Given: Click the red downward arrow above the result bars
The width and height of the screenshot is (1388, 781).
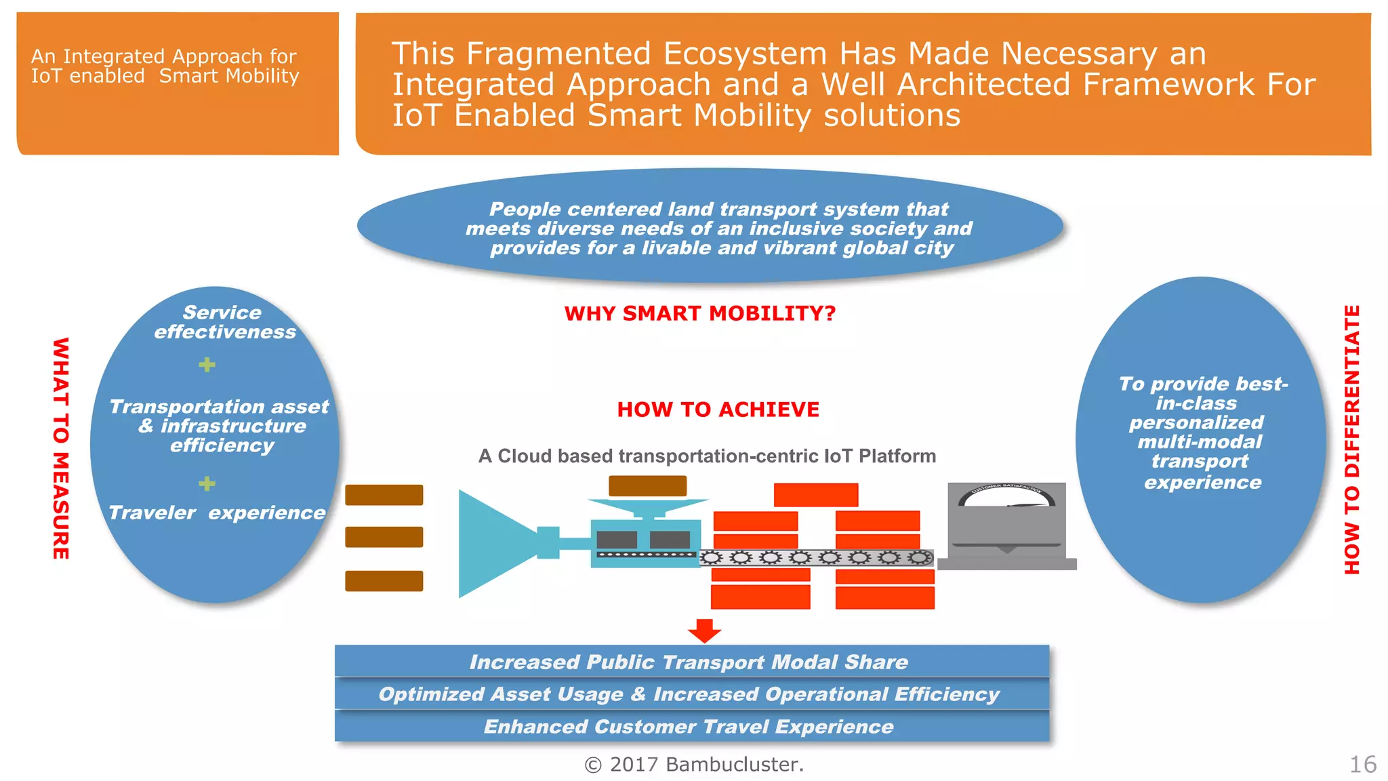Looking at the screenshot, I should [x=704, y=630].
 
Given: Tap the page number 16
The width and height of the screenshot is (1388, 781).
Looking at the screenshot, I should [x=1362, y=765].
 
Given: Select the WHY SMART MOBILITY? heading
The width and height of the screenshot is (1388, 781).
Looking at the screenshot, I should [x=699, y=313].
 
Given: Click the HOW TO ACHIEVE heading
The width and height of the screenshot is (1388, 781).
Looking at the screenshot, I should [x=718, y=409].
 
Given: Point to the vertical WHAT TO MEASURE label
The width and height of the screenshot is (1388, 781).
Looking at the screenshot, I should [x=61, y=448].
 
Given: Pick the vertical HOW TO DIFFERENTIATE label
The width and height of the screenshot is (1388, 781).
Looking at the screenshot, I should [x=1352, y=440].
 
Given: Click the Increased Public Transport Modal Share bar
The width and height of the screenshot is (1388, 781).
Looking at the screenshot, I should [x=691, y=662].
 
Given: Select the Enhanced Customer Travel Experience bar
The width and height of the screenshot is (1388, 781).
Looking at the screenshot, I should [x=691, y=726].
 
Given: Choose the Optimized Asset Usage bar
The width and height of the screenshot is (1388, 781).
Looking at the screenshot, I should [x=691, y=694].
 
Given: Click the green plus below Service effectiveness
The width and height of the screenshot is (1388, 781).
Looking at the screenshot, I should [x=207, y=365].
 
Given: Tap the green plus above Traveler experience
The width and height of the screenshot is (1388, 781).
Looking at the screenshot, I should [x=207, y=483].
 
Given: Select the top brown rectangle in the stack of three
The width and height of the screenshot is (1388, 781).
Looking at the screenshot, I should [x=384, y=495].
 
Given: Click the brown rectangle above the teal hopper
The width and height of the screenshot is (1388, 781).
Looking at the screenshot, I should [x=647, y=485].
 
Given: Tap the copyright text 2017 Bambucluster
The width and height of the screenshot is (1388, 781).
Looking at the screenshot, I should [x=694, y=765].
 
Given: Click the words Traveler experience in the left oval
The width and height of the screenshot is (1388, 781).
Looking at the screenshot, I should [x=217, y=513].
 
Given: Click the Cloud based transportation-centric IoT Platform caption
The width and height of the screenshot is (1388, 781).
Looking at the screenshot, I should [x=707, y=456].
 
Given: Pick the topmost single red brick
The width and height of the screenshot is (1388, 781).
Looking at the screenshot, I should [x=816, y=495].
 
